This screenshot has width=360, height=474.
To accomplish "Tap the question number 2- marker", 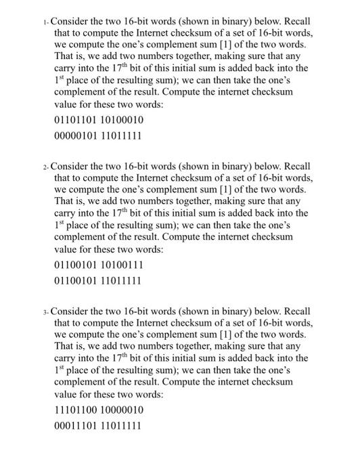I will click(46, 167).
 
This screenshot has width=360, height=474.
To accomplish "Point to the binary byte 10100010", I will click(121, 121).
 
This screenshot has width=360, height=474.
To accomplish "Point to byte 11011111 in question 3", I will click(121, 427).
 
